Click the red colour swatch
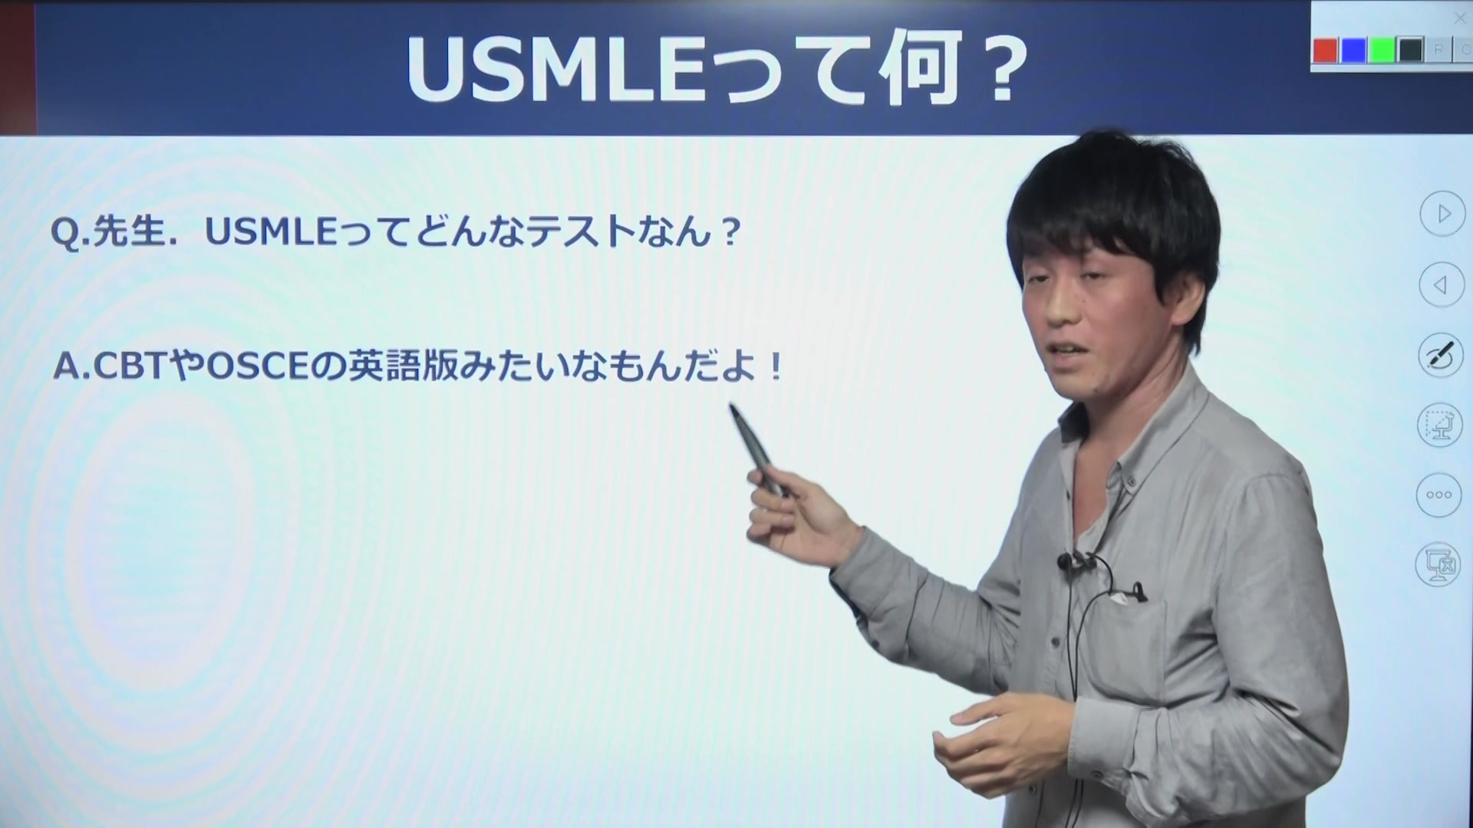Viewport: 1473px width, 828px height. click(x=1325, y=51)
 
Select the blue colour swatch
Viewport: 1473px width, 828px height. click(x=1353, y=51)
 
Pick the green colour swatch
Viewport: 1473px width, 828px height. click(x=1382, y=51)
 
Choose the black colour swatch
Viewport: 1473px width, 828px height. click(x=1410, y=51)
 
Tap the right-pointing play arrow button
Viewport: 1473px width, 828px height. click(x=1442, y=214)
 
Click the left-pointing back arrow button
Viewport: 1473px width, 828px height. click(x=1442, y=285)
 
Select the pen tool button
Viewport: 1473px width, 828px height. click(x=1440, y=355)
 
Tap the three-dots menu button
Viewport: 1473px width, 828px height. click(x=1438, y=495)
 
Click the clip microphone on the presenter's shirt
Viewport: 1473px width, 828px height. click(x=1063, y=560)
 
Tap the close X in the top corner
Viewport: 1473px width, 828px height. click(x=1460, y=18)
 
